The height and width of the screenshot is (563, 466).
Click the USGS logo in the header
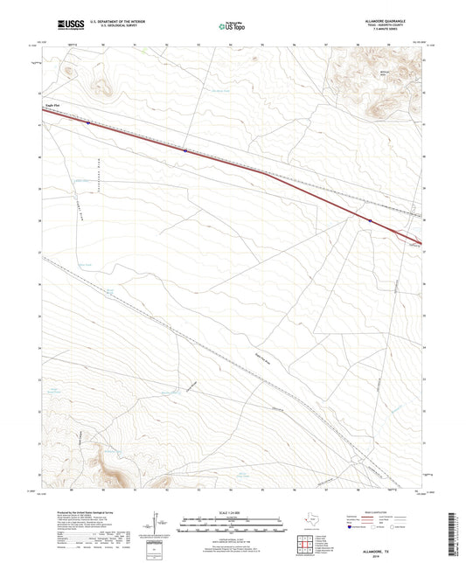[x=58, y=26]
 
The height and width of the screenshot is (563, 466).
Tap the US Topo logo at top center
[x=233, y=26]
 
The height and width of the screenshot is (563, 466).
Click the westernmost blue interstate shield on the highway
[x=88, y=122]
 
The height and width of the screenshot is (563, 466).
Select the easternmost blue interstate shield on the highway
[x=370, y=220]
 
